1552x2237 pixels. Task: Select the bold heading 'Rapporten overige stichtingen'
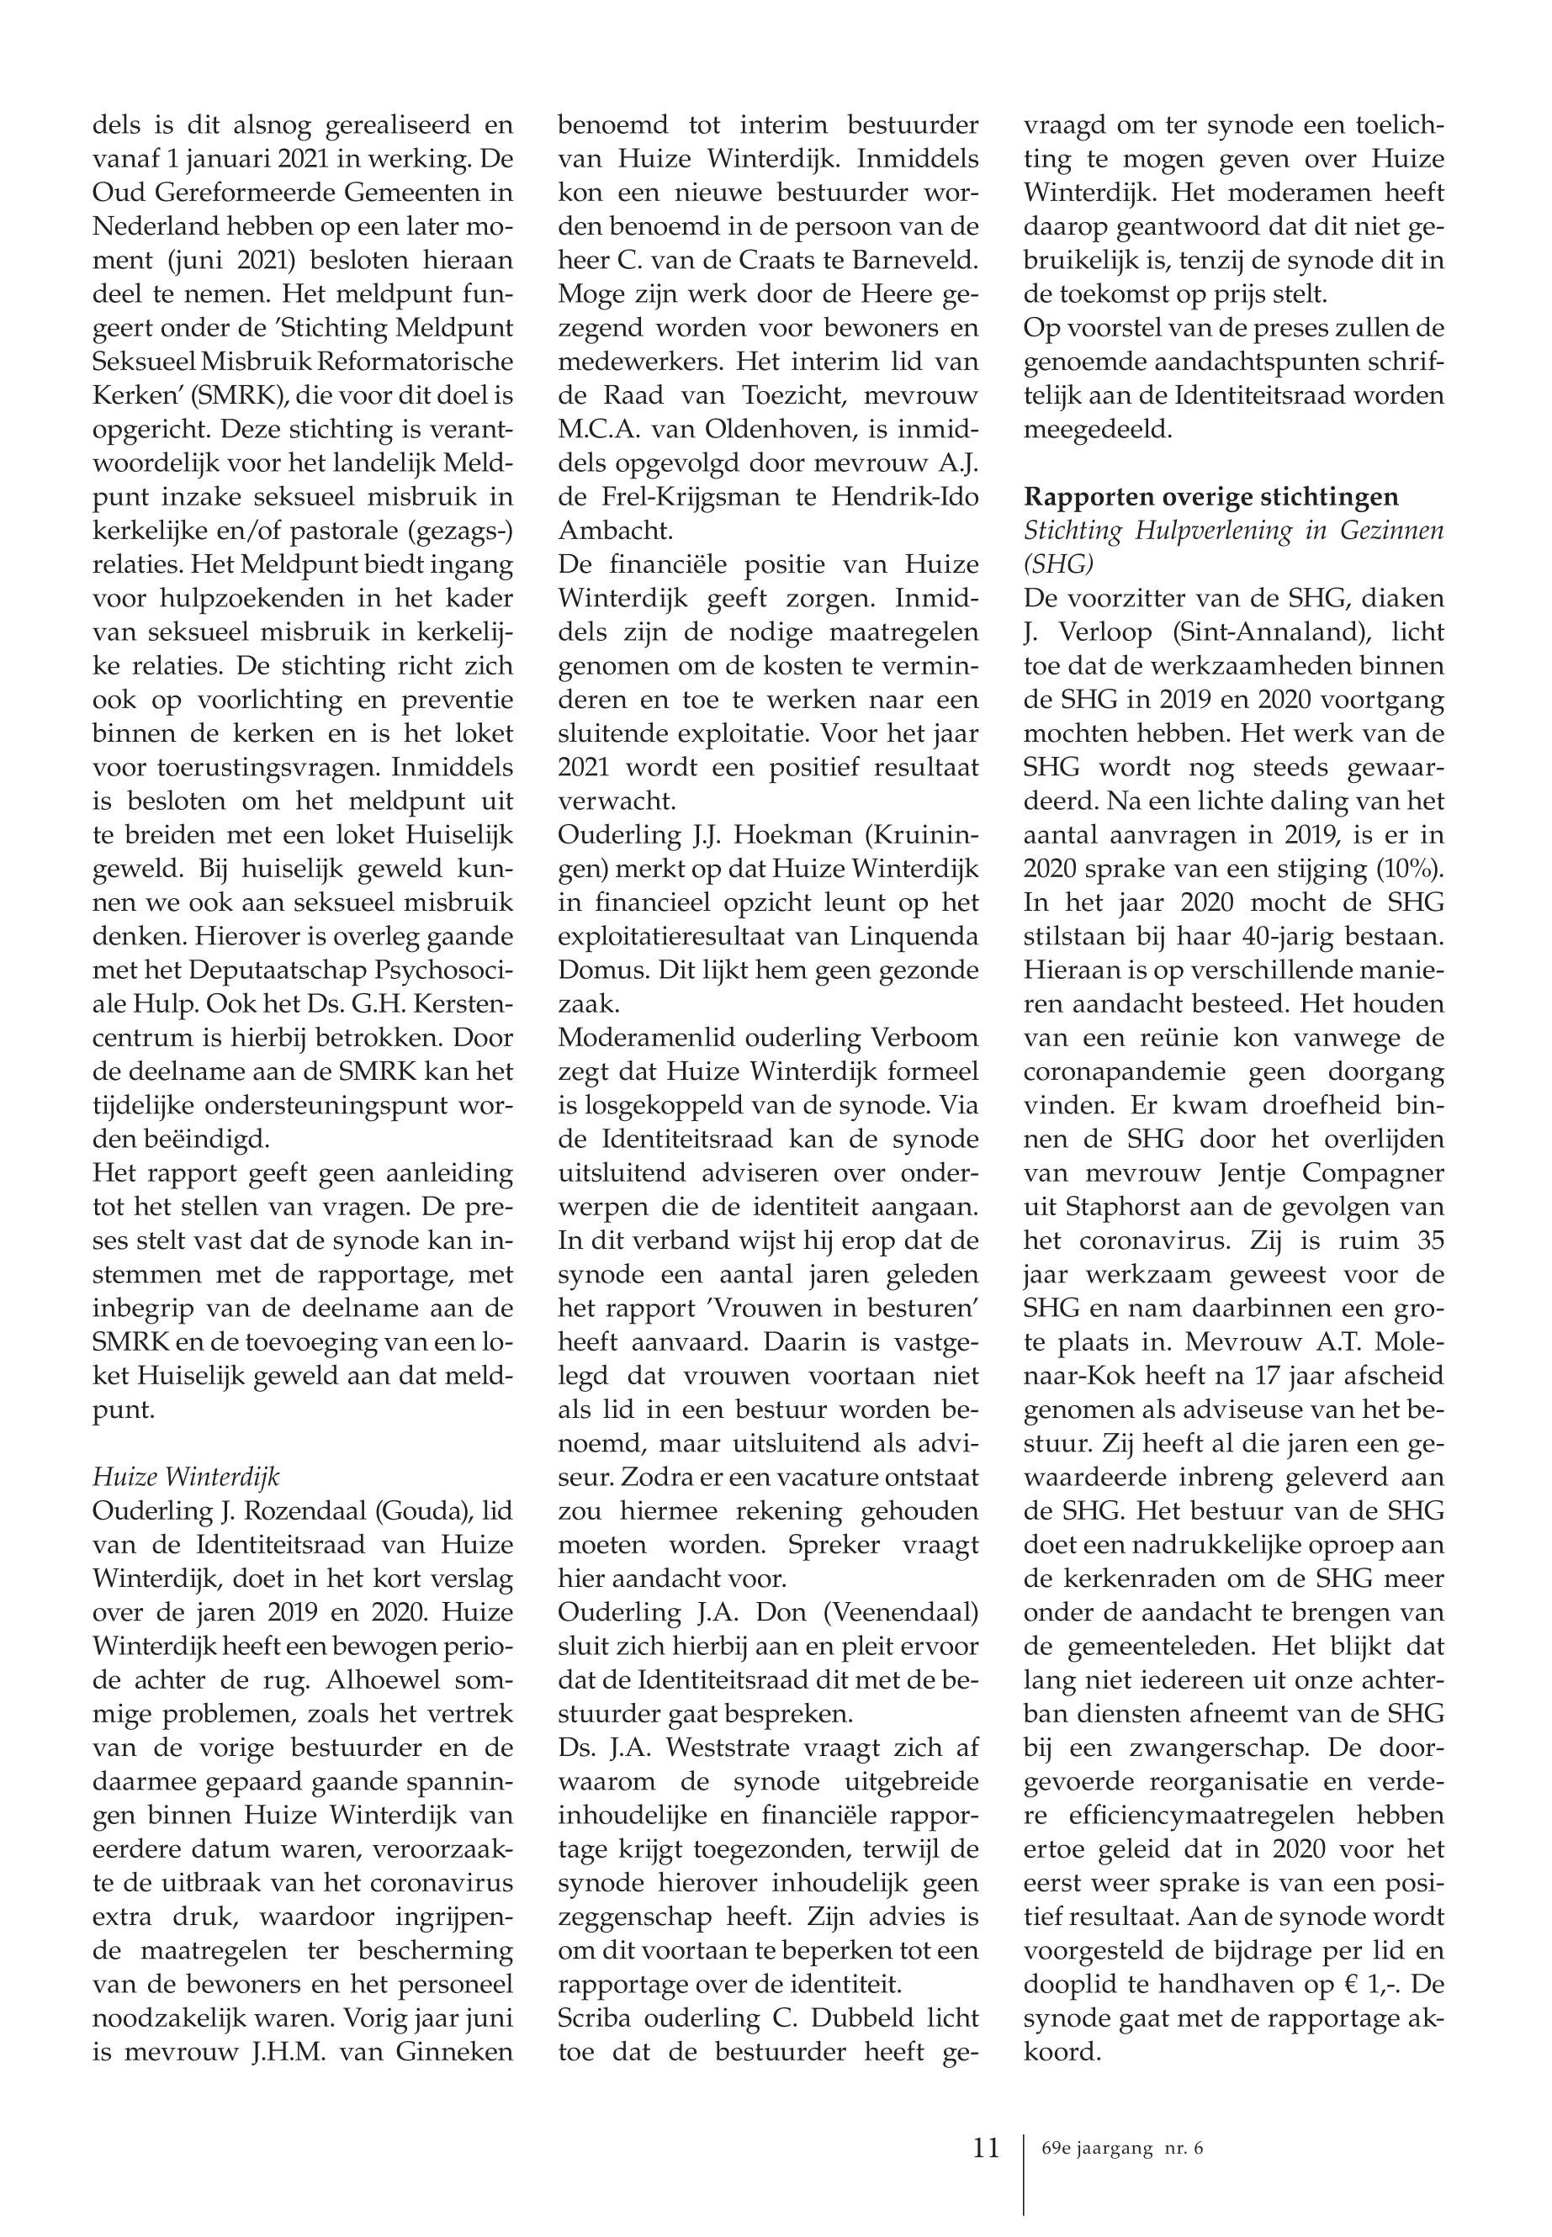click(1210, 497)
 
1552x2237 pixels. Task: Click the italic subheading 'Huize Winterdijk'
click(186, 1477)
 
